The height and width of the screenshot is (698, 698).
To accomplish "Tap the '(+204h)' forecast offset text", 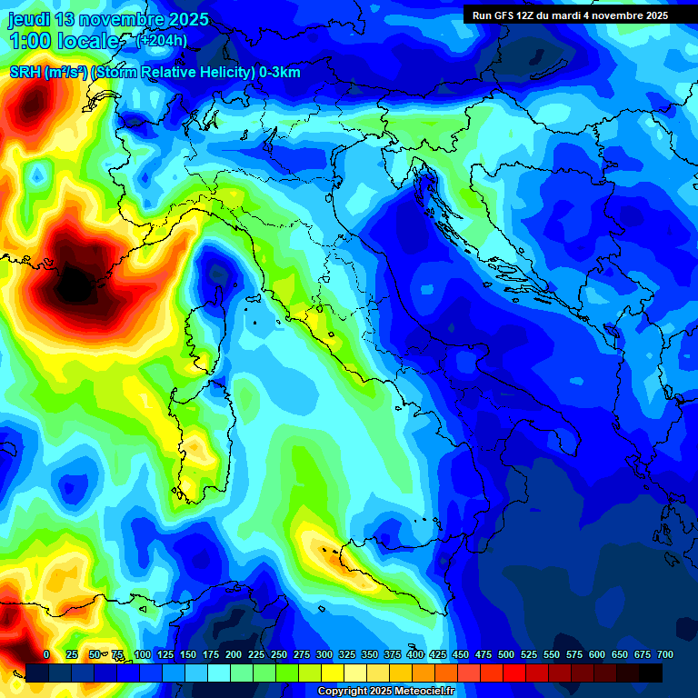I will click(161, 40).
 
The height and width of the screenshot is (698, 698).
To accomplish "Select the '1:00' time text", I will click(30, 41).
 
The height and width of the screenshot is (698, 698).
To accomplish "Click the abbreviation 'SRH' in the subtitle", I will click(25, 73).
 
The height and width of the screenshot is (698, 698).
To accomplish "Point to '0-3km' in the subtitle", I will click(280, 73).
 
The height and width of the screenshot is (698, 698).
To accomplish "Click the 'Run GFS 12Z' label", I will click(502, 15).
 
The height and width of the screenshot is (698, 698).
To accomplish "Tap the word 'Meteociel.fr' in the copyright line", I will click(422, 692).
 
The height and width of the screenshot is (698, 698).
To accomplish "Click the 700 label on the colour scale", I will click(664, 654).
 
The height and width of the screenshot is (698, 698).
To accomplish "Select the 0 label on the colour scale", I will click(46, 654).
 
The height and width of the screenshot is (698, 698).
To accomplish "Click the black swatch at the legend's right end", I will click(651, 673).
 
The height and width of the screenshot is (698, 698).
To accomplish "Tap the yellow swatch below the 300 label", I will click(333, 673).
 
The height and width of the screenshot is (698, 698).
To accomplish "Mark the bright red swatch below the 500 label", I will click(492, 673).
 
